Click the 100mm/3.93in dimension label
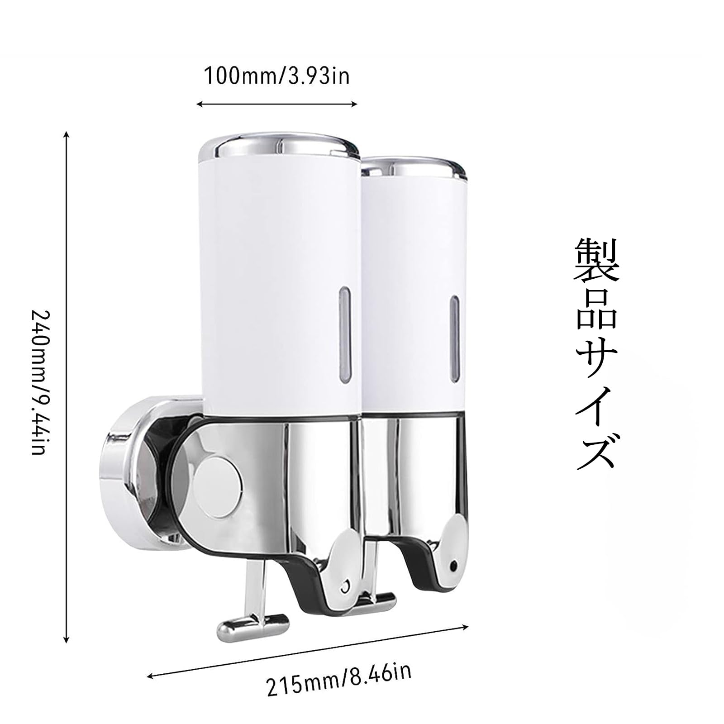pyautogui.click(x=277, y=76)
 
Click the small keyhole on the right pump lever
pyautogui.click(x=453, y=566)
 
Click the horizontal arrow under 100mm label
pyautogui.click(x=277, y=104)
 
